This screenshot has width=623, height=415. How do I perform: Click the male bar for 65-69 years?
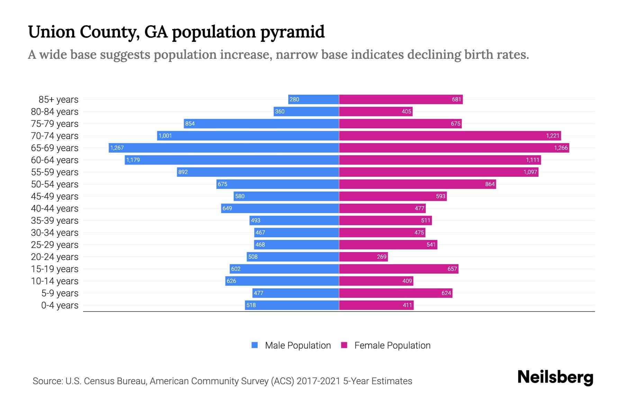(x=224, y=148)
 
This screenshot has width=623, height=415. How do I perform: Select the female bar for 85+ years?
(x=401, y=100)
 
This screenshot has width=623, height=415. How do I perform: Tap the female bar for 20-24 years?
(x=363, y=257)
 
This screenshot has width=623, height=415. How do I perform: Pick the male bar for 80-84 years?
(x=306, y=112)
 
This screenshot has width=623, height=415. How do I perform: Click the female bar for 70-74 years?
(x=450, y=136)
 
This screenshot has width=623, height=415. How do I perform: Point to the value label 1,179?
(x=133, y=160)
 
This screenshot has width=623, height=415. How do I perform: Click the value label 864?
(x=490, y=184)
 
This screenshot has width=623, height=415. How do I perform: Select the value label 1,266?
(x=561, y=148)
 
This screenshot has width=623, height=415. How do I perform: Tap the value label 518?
(x=251, y=305)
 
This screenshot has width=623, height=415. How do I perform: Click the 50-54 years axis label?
(x=55, y=184)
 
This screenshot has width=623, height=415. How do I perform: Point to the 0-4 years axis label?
(x=60, y=305)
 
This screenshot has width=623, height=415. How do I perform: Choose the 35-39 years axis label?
(x=55, y=221)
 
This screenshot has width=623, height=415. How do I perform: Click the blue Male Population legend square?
(x=255, y=345)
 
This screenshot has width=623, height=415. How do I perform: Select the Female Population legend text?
(x=392, y=345)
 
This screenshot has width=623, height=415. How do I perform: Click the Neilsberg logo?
(x=555, y=377)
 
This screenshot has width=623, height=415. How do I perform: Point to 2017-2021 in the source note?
(x=318, y=381)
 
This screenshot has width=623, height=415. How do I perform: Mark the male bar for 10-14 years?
(x=282, y=281)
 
